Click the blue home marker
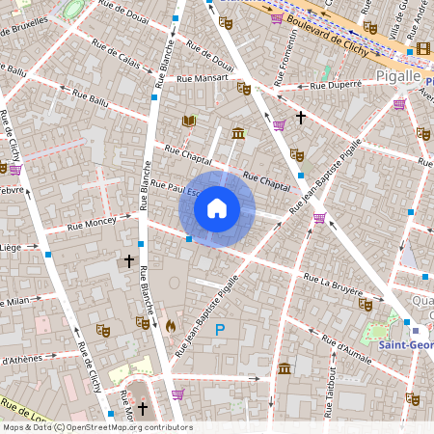[217, 208]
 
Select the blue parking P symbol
[220, 330]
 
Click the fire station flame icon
[171, 327]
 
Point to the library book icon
[189, 122]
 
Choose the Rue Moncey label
[93, 224]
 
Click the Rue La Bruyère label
[333, 285]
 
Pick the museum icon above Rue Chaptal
[237, 133]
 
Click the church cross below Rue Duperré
[301, 118]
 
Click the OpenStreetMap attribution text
[96, 427]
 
